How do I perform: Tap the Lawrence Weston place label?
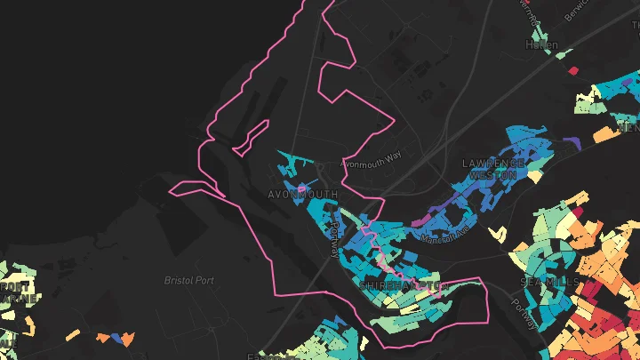click(489, 170)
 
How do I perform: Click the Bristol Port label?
click(189, 280)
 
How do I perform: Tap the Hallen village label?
click(541, 44)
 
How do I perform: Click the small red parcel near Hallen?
click(573, 69)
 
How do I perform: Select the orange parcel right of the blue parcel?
click(129, 339)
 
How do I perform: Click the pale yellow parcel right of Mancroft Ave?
click(497, 235)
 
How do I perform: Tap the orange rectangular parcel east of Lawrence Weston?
click(604, 135)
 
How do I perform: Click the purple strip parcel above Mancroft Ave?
click(438, 211)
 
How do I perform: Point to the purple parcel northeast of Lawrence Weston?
click(572, 142)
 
